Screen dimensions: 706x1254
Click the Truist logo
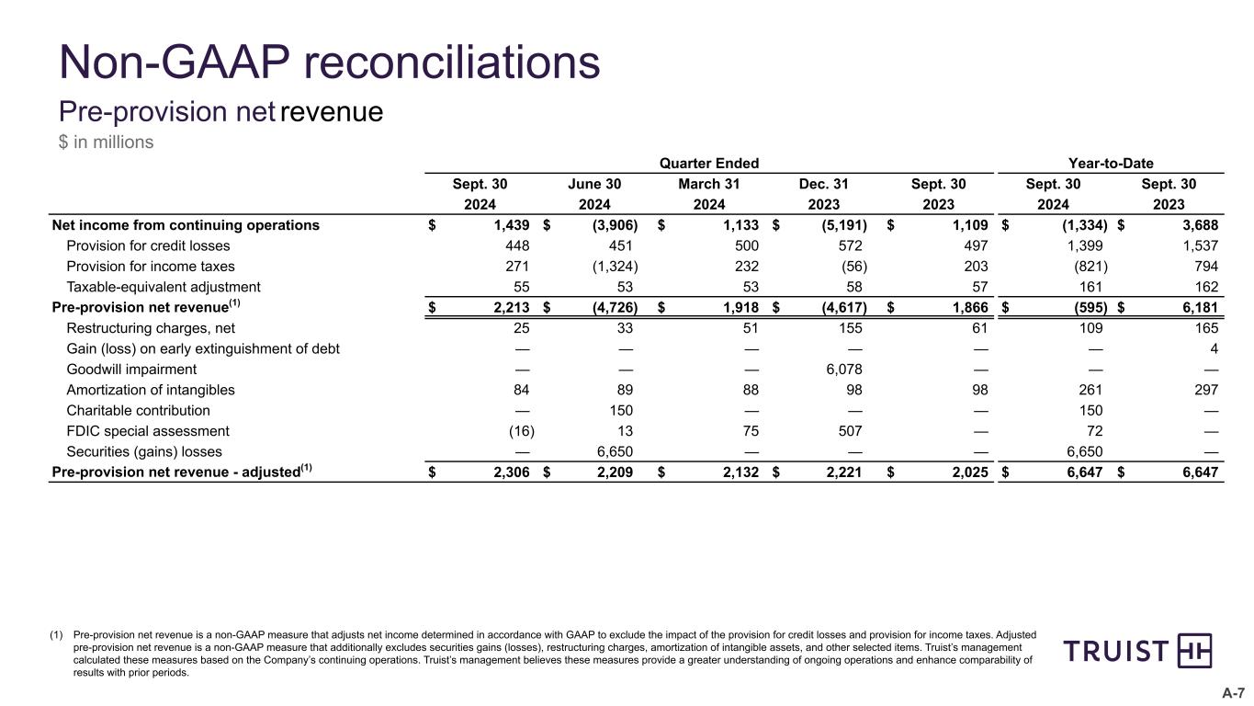1137,652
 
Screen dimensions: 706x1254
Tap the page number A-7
1232,692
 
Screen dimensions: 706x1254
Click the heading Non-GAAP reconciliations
329,63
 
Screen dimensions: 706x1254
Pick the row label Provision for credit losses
148,245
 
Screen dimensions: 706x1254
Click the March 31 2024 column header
707,194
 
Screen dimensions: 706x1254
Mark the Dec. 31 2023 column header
823,194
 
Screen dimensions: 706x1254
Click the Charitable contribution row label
138,410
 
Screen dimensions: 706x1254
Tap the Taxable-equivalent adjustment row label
164,287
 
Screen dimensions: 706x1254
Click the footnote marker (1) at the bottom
57,634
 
